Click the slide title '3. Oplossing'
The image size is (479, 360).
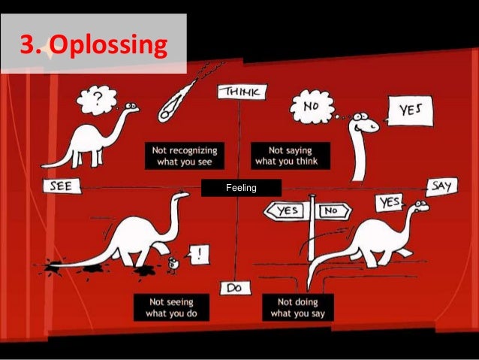tap(93, 46)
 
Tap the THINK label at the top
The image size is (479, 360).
tap(240, 92)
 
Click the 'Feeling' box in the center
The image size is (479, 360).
tap(240, 187)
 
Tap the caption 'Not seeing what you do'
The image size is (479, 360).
tap(171, 307)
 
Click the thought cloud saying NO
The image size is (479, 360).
tap(314, 107)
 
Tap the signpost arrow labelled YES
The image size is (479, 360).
tap(288, 211)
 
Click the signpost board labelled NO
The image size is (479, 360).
tap(330, 211)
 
